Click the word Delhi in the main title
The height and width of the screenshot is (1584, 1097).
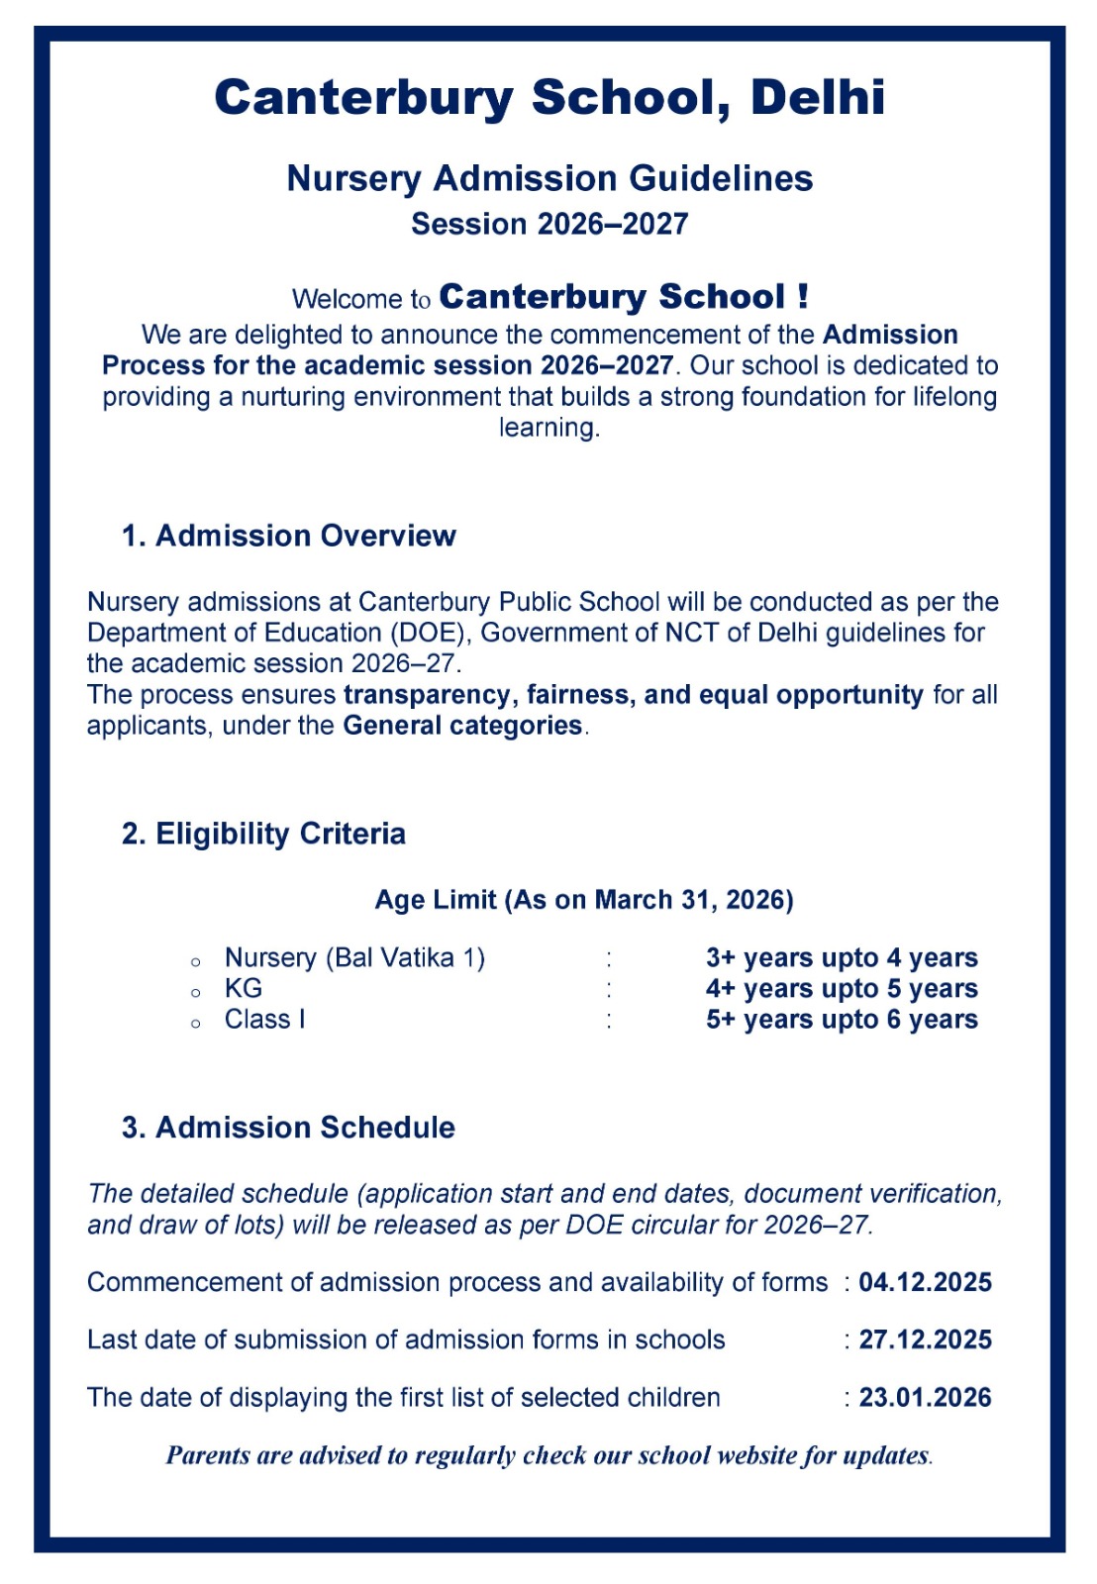point(817,98)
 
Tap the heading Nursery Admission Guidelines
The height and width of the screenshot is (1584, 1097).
point(549,179)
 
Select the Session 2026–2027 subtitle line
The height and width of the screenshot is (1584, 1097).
point(549,225)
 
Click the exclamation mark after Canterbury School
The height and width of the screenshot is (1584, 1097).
point(802,296)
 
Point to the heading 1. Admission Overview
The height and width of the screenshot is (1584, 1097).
point(288,536)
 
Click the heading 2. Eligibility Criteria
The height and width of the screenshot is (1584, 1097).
point(263,834)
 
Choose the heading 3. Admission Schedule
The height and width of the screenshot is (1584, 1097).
point(288,1128)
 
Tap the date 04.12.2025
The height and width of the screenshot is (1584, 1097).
point(925,1282)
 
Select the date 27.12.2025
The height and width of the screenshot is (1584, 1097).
point(925,1339)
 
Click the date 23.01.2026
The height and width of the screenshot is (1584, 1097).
point(925,1397)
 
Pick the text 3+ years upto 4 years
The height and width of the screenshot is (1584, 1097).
point(842,957)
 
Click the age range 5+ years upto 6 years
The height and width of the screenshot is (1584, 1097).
point(842,1020)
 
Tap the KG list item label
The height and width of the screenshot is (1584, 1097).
point(244,988)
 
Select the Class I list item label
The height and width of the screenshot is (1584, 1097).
point(264,1020)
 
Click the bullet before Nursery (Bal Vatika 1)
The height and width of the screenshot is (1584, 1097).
point(196,961)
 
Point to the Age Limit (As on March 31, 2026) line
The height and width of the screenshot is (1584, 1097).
point(584,900)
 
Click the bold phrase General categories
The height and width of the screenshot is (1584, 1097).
point(462,726)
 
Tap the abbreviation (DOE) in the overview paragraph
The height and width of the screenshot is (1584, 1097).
point(431,633)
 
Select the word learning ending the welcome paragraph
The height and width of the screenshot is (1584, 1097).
point(548,428)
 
